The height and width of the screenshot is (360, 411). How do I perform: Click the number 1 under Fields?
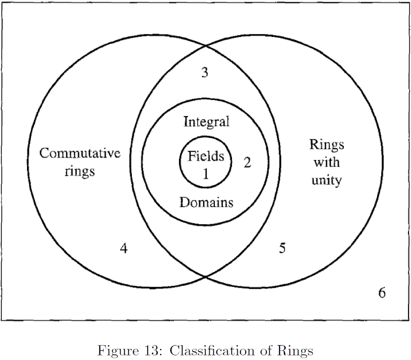(205, 173)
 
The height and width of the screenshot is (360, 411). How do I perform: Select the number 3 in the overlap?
(205, 72)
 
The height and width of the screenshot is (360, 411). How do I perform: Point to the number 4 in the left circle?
(123, 249)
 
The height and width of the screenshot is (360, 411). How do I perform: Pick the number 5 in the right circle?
(282, 248)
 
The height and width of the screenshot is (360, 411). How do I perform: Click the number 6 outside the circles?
(382, 293)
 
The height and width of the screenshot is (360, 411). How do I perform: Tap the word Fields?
(205, 156)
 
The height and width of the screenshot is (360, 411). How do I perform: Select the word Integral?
(206, 122)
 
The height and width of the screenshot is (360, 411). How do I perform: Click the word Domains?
(206, 202)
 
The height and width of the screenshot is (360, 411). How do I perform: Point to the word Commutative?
(80, 153)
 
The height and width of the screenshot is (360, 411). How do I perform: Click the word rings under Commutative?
(80, 171)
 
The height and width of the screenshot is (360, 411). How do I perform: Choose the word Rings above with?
(327, 145)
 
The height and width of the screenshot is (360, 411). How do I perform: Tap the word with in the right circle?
(327, 162)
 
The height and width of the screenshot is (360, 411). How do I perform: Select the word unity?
(327, 180)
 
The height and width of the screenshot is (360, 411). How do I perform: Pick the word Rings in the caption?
(298, 351)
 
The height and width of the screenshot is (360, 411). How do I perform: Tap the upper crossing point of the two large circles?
(206, 46)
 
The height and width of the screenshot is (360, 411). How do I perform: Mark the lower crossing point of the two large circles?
(206, 277)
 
